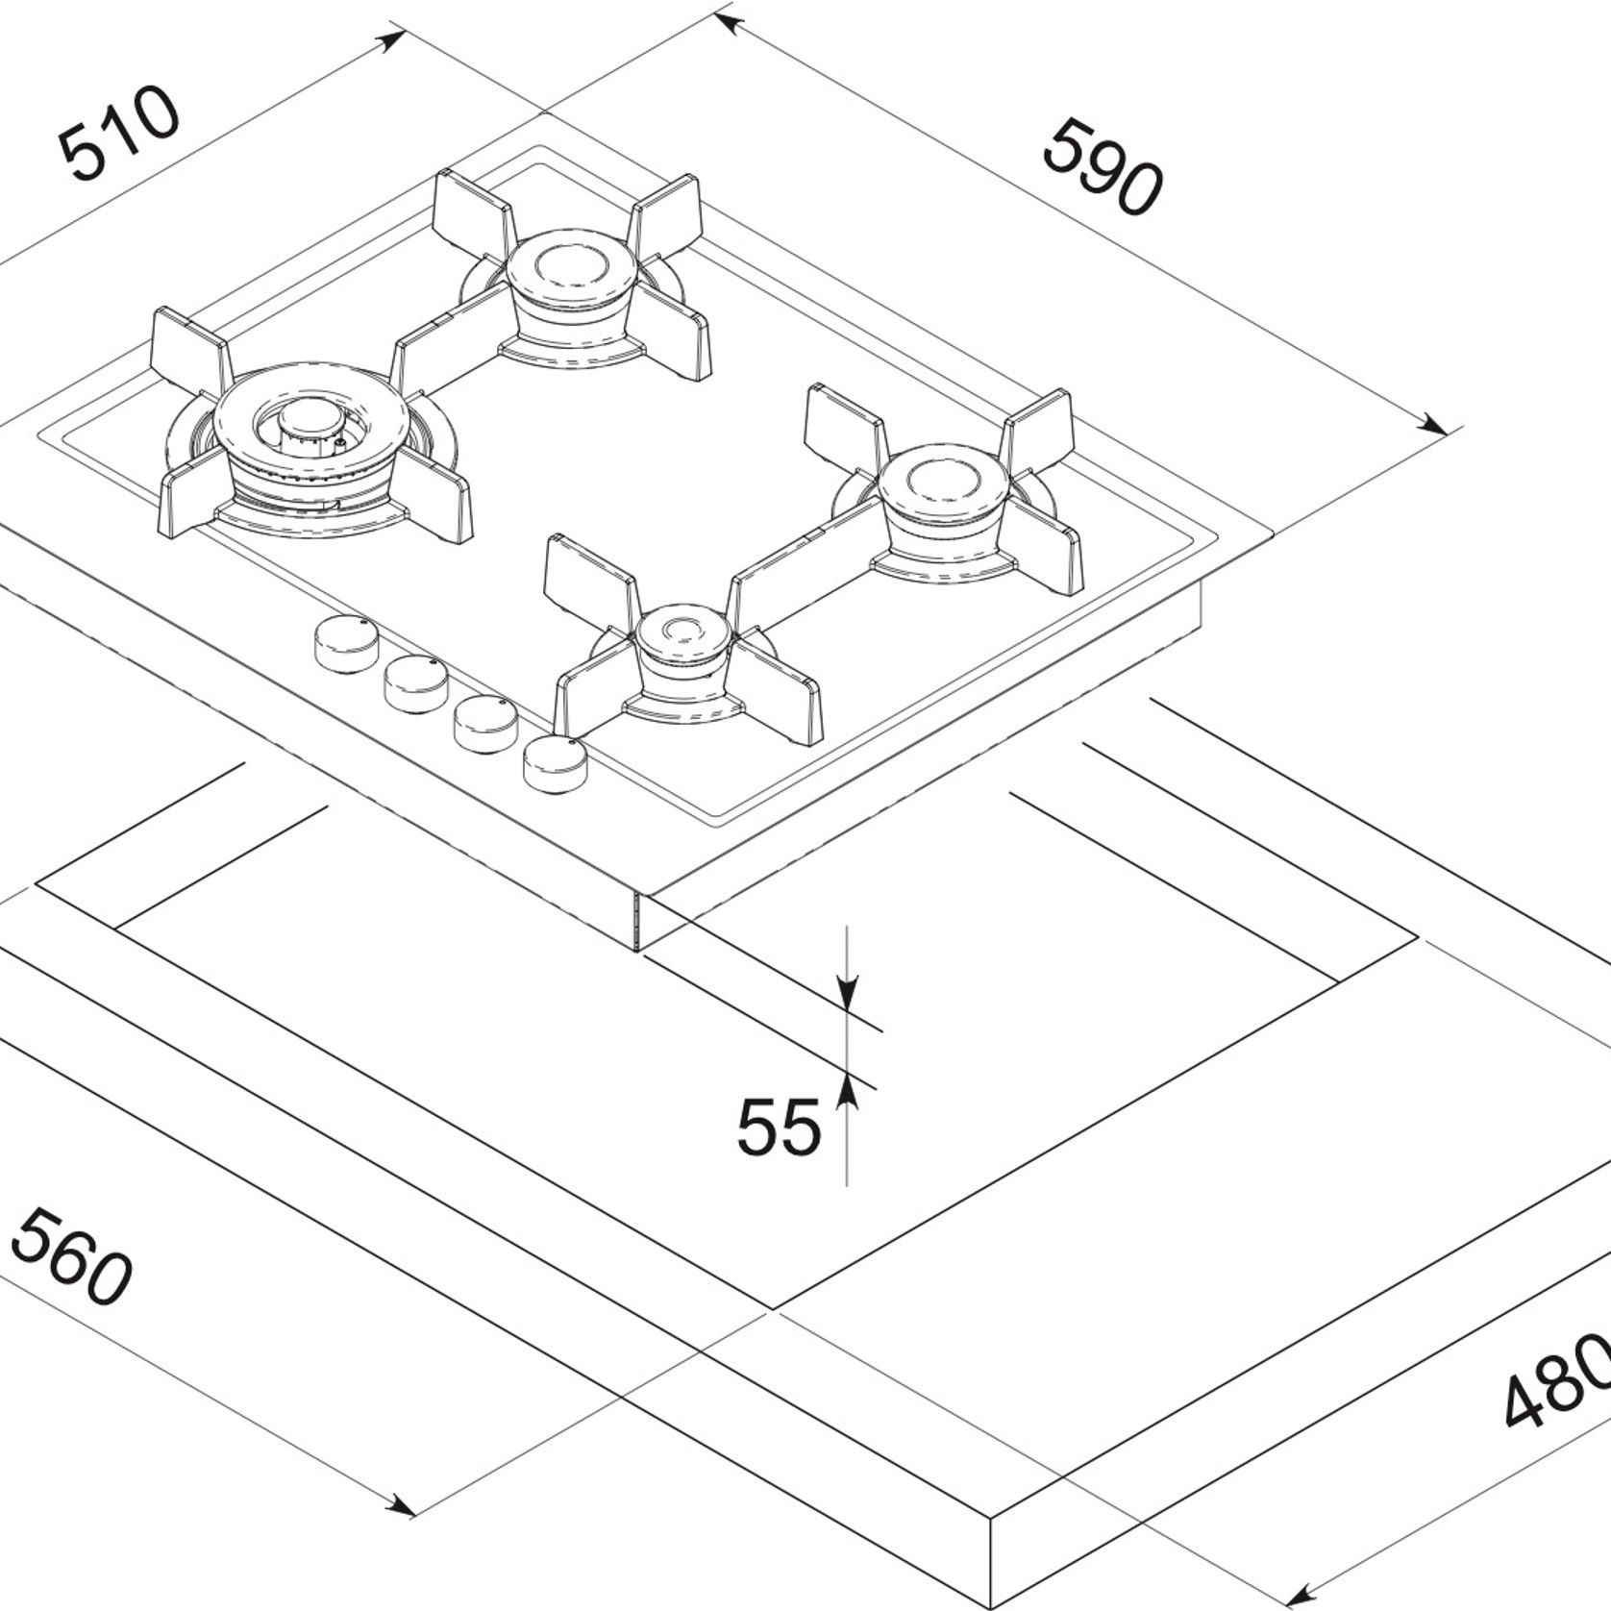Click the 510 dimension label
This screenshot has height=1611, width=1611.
(118, 135)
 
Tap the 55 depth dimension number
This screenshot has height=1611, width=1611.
(780, 1128)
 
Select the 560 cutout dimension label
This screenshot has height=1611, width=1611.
(69, 1257)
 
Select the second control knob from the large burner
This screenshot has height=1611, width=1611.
(415, 683)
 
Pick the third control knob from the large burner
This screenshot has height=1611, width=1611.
(485, 723)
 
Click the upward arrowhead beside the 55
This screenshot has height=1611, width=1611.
(847, 1091)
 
